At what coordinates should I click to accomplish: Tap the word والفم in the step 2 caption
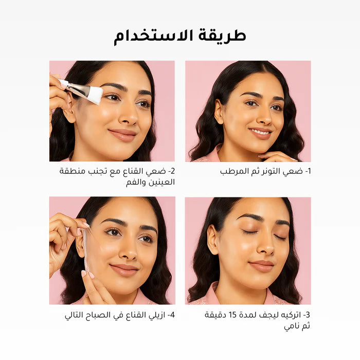point(136,182)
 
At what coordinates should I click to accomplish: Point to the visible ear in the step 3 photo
point(212,240)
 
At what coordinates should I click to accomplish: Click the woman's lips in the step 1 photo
point(261,133)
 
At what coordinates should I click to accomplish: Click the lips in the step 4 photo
point(124,269)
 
